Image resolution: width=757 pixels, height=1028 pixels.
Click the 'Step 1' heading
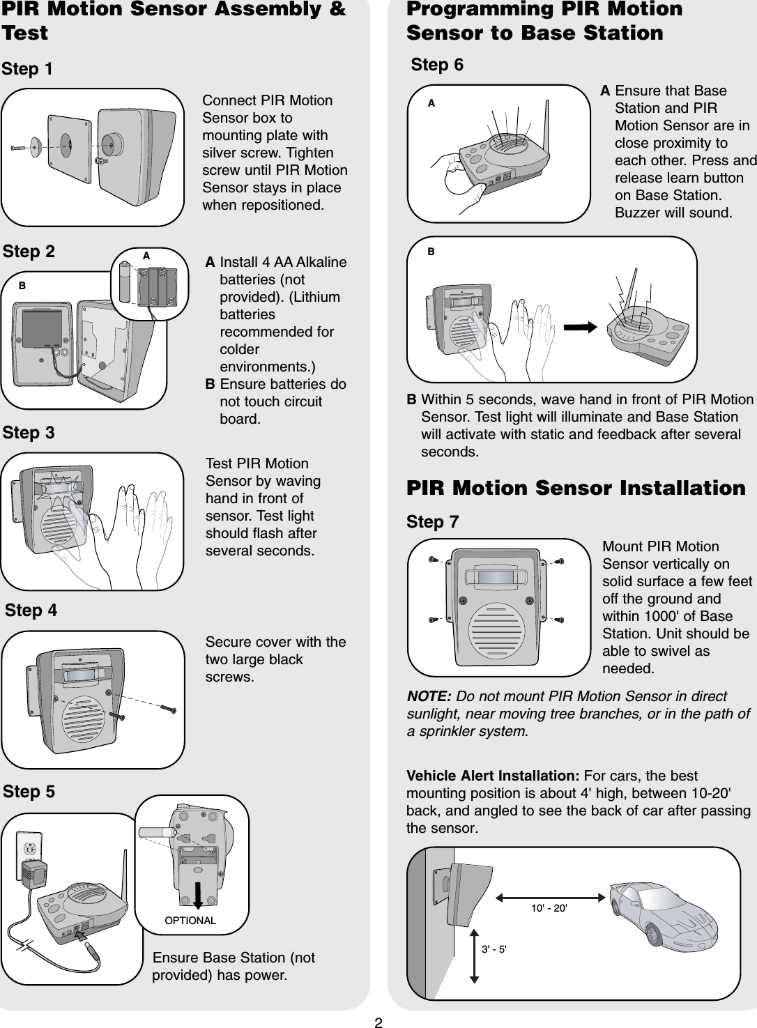[x=27, y=69]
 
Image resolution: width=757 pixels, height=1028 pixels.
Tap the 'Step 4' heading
[x=31, y=611]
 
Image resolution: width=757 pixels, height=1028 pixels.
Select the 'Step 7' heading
[x=432, y=522]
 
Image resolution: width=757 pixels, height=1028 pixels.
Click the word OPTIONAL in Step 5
[x=190, y=921]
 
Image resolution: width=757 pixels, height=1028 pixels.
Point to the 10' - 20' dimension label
[x=549, y=909]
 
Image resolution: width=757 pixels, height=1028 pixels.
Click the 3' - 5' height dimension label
[x=494, y=949]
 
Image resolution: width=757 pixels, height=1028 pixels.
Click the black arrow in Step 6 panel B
[x=580, y=325]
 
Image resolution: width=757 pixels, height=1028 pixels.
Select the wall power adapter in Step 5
[x=35, y=873]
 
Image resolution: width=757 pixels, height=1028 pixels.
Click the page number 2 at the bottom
[x=378, y=1022]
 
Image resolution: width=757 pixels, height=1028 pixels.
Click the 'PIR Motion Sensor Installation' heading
[x=576, y=488]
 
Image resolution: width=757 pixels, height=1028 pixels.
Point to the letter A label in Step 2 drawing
[x=146, y=256]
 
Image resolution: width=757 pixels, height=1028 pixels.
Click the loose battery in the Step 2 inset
[x=128, y=282]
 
